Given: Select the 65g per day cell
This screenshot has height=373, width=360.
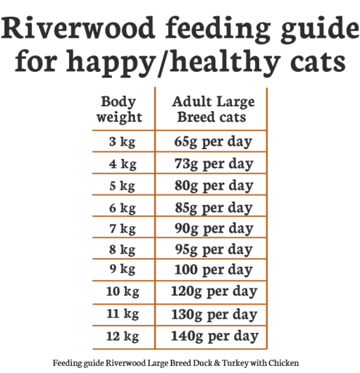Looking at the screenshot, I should pyautogui.click(x=213, y=143).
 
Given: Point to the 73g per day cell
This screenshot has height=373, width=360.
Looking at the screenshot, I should pyautogui.click(x=213, y=165).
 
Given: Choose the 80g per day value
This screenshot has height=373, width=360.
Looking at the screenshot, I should pyautogui.click(x=213, y=186).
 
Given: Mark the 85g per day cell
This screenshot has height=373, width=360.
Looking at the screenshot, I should pyautogui.click(x=213, y=208).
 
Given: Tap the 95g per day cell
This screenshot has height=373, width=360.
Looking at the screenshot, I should pyautogui.click(x=213, y=250).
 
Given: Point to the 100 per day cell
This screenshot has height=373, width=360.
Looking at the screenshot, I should pyautogui.click(x=213, y=270).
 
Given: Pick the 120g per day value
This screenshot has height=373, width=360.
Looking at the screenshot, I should pyautogui.click(x=213, y=291).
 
